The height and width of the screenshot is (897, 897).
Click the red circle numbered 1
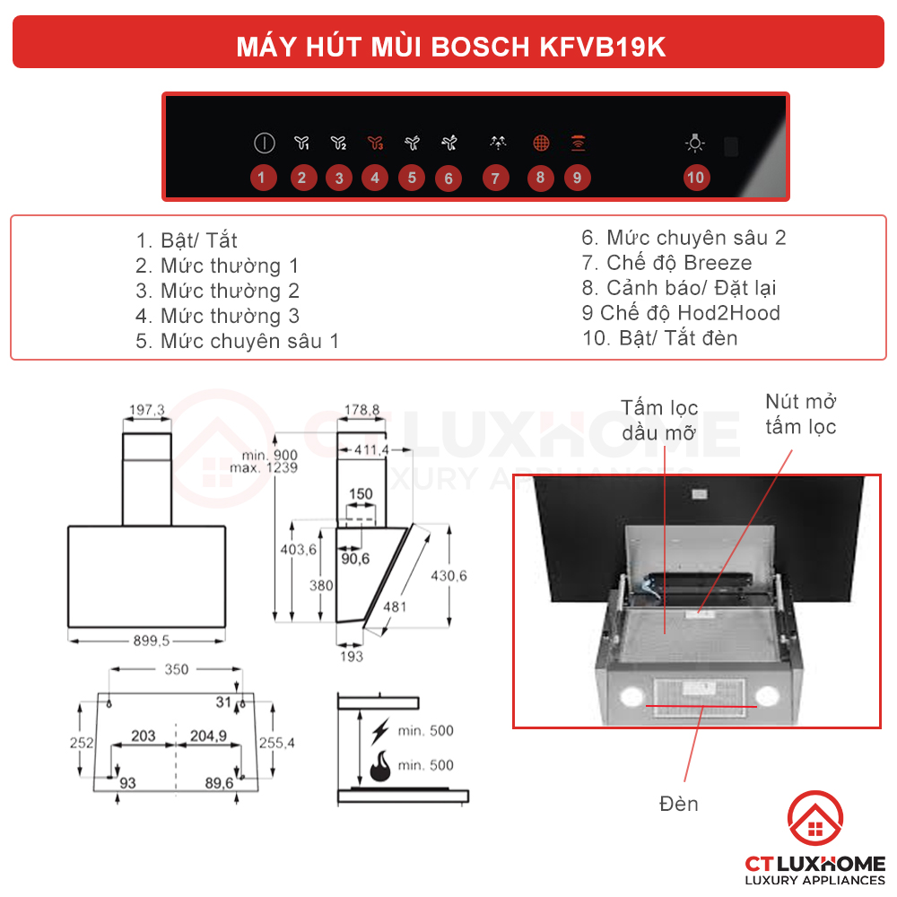click(x=261, y=178)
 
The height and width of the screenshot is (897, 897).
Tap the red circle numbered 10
click(x=695, y=178)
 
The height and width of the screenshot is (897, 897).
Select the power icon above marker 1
click(x=263, y=143)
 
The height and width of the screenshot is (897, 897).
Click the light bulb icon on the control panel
click(x=695, y=143)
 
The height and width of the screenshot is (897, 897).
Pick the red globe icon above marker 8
click(x=540, y=143)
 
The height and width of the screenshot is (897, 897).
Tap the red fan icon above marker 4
click(x=375, y=143)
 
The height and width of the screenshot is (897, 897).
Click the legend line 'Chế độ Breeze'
click(x=666, y=263)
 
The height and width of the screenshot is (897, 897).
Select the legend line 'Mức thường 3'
click(x=218, y=316)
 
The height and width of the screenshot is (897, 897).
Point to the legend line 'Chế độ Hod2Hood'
click(x=681, y=313)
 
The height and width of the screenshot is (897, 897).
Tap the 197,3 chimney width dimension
click(x=147, y=410)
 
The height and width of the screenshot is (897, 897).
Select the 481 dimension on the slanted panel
click(x=395, y=607)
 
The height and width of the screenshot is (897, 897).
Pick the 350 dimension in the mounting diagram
click(x=177, y=669)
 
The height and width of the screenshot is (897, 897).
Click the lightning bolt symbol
click(x=380, y=730)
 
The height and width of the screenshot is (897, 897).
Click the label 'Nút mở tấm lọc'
click(x=800, y=414)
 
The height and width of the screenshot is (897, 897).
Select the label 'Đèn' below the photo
click(x=678, y=804)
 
